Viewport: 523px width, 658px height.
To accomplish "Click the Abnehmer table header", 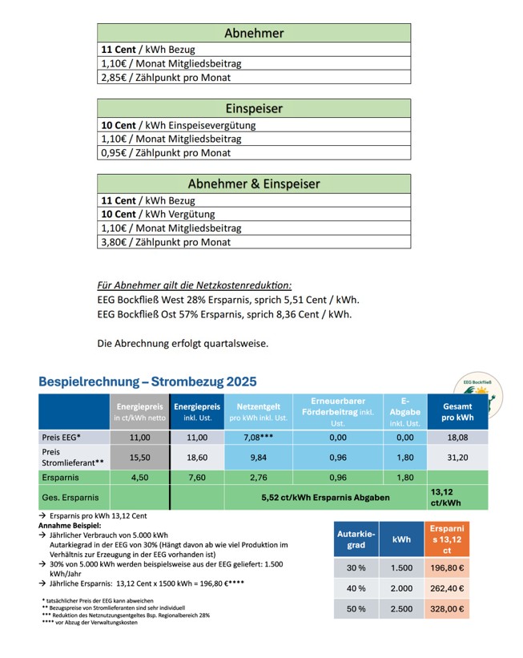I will pos(254,33).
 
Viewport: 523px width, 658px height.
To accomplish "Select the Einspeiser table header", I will pos(254,108).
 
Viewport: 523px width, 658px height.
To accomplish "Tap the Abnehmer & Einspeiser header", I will pos(254,184).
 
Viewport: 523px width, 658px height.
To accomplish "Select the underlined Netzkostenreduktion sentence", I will pos(195,285).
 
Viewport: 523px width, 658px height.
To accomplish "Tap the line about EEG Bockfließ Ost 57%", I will pos(223,314).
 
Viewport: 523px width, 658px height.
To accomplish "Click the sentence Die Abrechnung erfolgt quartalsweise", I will pos(183,344).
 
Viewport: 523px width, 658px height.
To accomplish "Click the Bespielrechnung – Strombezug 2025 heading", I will pos(147,381).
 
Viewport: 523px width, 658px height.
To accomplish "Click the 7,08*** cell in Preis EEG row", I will pos(258,438).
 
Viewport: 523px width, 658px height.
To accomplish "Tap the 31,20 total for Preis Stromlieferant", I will pos(457,457).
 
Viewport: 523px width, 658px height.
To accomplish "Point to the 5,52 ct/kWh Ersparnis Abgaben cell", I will pos(325,498).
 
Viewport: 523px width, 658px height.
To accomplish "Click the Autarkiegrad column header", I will pos(356,539).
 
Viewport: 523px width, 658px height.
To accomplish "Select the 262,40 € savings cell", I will pos(447,587).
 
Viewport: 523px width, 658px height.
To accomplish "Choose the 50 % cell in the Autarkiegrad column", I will pos(356,609).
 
